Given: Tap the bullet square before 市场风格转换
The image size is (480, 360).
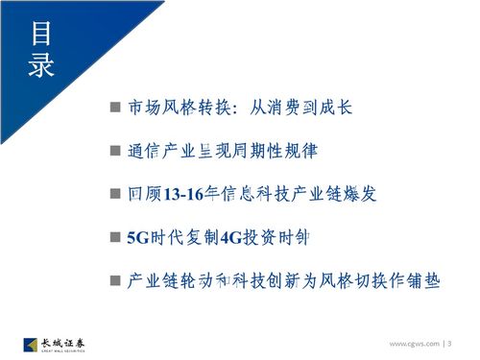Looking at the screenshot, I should point(114,106).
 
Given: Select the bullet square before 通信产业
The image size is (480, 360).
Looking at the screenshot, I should point(114,150).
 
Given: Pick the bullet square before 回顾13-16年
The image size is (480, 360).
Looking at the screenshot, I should point(114,193).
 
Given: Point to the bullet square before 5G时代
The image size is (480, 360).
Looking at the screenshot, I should point(114,237).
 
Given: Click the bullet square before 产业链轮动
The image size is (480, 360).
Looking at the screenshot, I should point(114,281).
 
